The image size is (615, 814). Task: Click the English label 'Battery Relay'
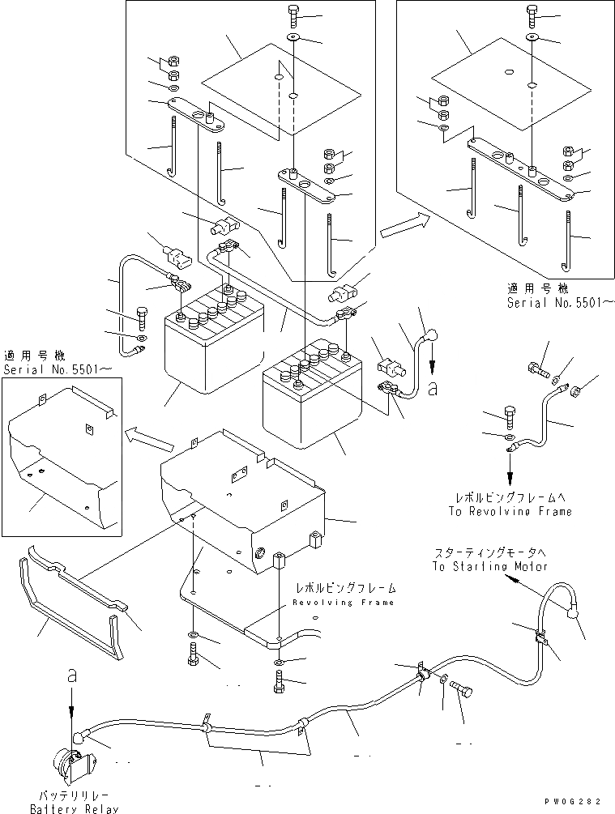(74, 808)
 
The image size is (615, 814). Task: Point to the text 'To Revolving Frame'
(510, 511)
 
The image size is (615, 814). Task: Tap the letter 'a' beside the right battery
(432, 389)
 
